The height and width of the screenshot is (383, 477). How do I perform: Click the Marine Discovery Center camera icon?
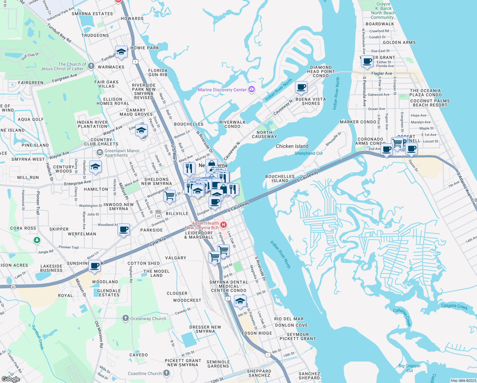pos(252,89)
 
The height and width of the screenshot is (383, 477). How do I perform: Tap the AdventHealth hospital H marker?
pos(224,225)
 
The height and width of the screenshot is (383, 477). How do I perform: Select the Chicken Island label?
pos(292,146)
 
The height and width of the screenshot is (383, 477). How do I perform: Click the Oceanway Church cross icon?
pos(126,318)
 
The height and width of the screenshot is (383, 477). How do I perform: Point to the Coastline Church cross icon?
pos(166,373)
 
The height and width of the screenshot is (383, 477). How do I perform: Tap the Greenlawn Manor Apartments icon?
pos(100,153)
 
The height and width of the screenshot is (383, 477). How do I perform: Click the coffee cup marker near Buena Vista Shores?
pos(301,87)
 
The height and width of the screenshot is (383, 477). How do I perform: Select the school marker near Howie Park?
pos(121,52)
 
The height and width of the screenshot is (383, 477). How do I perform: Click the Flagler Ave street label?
pos(382,73)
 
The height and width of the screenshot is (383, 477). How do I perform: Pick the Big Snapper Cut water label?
pos(409,368)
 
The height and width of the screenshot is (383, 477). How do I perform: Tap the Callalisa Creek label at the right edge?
pos(454,306)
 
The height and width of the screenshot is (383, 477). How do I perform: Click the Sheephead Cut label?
pos(308,153)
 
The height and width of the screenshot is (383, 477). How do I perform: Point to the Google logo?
pos(11,379)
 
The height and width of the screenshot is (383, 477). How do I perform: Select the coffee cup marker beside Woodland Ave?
pos(123,229)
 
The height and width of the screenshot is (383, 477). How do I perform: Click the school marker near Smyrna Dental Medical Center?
pos(240,301)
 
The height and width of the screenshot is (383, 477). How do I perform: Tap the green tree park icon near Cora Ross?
pos(37,240)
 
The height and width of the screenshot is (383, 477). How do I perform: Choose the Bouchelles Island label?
pos(280,178)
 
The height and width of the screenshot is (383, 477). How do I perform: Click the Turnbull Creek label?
pos(38,337)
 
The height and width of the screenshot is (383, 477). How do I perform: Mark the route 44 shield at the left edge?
pos(13,287)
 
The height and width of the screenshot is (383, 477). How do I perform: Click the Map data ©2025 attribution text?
pos(463,380)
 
